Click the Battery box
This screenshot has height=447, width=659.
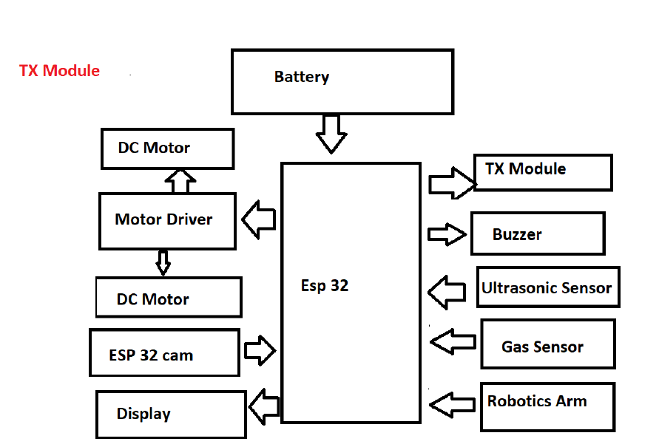(x=342, y=81)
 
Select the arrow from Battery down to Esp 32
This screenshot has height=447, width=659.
(x=331, y=134)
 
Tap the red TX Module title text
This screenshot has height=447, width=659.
(x=59, y=71)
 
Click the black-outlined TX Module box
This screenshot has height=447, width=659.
(x=543, y=172)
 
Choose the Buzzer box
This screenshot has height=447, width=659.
(x=538, y=233)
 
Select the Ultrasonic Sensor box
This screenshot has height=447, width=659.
(x=547, y=287)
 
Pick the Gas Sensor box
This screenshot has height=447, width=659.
(x=547, y=344)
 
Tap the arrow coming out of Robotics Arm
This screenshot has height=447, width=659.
(x=452, y=404)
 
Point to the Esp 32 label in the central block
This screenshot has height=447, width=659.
(x=325, y=286)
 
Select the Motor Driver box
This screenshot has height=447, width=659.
(x=167, y=220)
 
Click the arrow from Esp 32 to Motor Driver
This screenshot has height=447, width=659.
(x=259, y=219)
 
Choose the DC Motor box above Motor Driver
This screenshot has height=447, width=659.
(x=167, y=149)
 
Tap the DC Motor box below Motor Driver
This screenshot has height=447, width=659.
(x=169, y=298)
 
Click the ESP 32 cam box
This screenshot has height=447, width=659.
(x=164, y=353)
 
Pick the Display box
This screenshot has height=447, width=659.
(x=171, y=414)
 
